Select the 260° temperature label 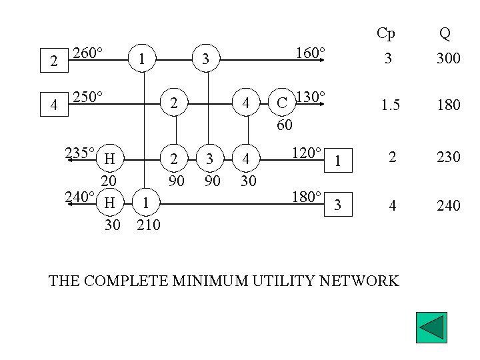tap(87, 53)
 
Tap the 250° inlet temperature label tap(87, 97)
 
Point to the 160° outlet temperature tap(311, 53)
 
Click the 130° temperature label tap(310, 97)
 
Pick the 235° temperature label tap(79, 153)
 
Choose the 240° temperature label tap(79, 197)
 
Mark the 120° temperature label tap(307, 153)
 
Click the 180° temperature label tap(307, 197)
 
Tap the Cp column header tap(386, 33)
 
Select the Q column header tap(445, 33)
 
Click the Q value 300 tap(448, 59)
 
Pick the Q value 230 tap(448, 157)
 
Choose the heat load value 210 tap(148, 225)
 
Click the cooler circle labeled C tap(282, 103)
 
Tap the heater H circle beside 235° tap(110, 159)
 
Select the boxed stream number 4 tap(54, 104)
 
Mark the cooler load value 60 tap(285, 125)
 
